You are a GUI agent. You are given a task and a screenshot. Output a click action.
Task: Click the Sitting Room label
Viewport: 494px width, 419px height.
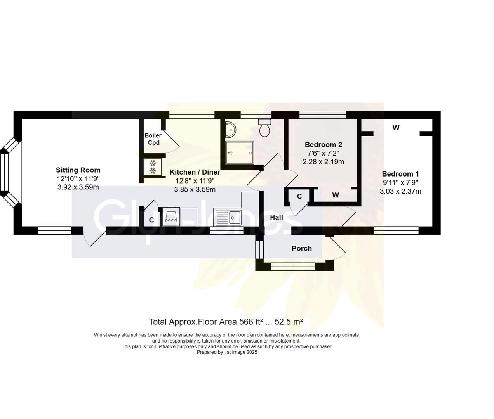78,170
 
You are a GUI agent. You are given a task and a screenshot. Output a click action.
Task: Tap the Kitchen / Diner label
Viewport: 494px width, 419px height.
195,172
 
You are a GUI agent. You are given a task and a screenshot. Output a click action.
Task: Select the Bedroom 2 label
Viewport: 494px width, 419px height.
323,145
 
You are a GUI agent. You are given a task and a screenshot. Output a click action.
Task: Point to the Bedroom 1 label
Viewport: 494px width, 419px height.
400,174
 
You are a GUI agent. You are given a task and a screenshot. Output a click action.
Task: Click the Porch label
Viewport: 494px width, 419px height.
302,248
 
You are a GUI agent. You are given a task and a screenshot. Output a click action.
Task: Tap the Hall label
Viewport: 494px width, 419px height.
277,217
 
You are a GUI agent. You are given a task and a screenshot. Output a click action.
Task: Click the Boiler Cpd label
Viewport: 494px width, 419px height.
153,139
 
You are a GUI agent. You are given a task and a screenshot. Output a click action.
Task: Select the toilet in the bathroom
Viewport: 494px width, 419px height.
265,128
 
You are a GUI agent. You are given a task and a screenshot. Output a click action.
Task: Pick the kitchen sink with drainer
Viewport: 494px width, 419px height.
228,217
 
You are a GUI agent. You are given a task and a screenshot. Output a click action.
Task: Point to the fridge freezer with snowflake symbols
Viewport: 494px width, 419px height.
152,166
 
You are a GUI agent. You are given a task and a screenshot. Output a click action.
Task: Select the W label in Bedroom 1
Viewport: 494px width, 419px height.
396,128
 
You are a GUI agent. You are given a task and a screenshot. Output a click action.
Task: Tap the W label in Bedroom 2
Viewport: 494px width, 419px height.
336,195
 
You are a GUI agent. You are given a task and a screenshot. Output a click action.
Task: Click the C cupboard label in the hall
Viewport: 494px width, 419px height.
299,197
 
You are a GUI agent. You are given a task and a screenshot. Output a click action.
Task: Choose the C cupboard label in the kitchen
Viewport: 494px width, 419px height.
151,220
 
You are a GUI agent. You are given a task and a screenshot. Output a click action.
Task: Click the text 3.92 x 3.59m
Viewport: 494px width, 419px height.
78,187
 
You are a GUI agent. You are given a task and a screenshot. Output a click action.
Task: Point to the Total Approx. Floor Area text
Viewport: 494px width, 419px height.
226,322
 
